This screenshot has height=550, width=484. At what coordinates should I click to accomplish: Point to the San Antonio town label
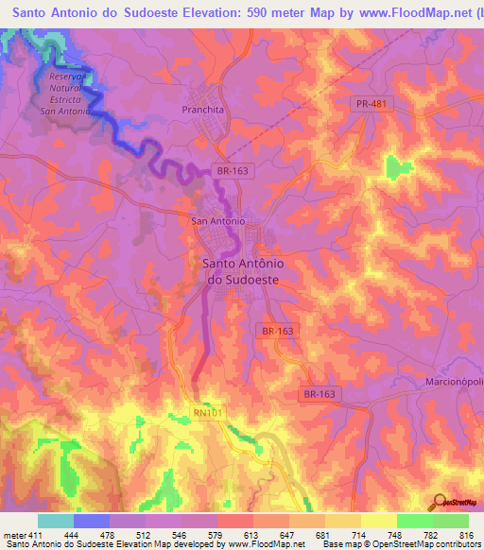[x=217, y=221]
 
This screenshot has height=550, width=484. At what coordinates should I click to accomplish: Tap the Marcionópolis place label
[x=448, y=384]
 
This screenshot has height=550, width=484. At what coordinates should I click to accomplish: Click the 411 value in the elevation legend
[x=35, y=535]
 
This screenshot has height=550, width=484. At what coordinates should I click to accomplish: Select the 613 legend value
[x=250, y=535]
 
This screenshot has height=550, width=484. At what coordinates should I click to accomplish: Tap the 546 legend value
[x=178, y=535]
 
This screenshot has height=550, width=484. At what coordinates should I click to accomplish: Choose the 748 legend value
[x=392, y=535]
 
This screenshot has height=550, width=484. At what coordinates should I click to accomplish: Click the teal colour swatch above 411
[x=56, y=521]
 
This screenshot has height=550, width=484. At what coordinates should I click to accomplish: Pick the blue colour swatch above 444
[x=92, y=521]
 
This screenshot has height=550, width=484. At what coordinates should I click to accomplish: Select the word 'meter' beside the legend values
[x=14, y=535]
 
